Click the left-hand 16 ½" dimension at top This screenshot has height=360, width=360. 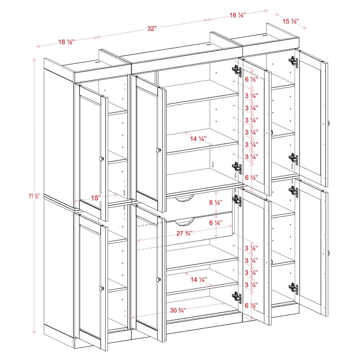click(x=66, y=42)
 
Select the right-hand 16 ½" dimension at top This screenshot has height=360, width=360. click(x=237, y=15)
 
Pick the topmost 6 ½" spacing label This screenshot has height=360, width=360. click(x=252, y=79)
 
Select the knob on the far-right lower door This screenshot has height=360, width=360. click(x=329, y=253)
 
